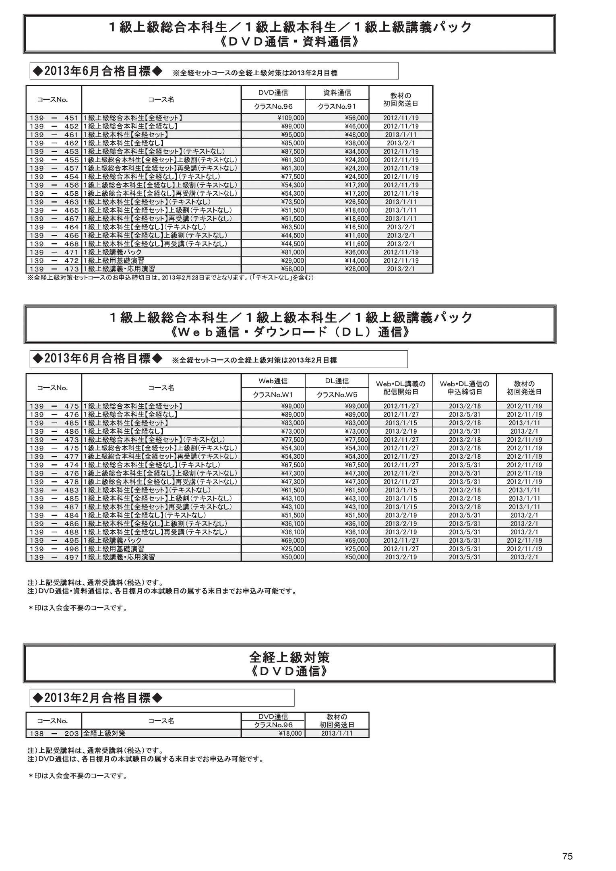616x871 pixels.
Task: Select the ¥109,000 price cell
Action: click(x=291, y=118)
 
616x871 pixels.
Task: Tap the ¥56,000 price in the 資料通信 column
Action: click(x=356, y=118)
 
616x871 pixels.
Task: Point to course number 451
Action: click(x=71, y=118)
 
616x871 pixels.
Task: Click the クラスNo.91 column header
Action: click(x=337, y=107)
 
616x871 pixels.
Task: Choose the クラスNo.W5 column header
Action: click(x=337, y=395)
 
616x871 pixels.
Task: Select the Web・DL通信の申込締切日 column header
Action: click(x=465, y=388)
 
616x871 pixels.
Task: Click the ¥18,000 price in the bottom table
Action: click(x=290, y=733)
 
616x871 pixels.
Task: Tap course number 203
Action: click(x=71, y=733)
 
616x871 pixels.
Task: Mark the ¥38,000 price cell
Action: click(x=356, y=143)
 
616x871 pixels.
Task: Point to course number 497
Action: click(x=71, y=557)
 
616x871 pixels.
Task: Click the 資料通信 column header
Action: click(x=337, y=93)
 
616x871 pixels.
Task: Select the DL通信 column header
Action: click(x=337, y=381)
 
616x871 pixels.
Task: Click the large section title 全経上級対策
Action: click(x=289, y=658)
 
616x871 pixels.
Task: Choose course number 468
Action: click(x=71, y=244)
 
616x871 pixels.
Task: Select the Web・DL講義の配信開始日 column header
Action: click(x=401, y=388)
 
